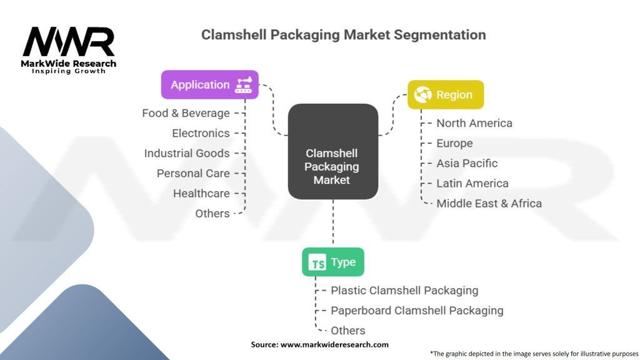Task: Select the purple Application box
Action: [209, 84]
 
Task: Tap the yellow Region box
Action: [445, 94]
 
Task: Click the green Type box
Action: [332, 262]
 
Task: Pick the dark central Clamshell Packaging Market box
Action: [332, 152]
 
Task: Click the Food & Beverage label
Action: [186, 113]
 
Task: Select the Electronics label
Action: [201, 133]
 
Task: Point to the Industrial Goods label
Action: [187, 153]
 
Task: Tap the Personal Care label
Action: [193, 173]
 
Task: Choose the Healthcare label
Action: [201, 193]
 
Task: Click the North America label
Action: [474, 123]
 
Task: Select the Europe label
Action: [454, 143]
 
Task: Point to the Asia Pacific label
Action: [467, 163]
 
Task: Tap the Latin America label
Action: [472, 183]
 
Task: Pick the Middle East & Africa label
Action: [489, 203]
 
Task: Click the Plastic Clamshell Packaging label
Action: [404, 290]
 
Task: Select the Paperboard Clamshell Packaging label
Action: [417, 310]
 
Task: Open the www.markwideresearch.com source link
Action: [334, 344]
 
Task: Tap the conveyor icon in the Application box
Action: [243, 85]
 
